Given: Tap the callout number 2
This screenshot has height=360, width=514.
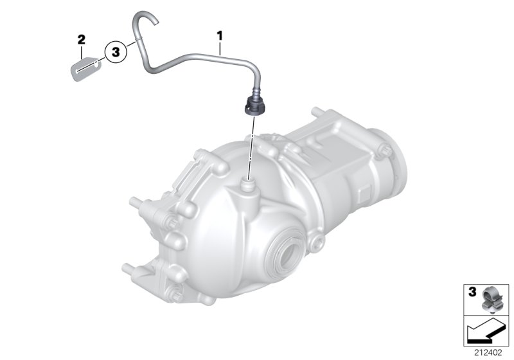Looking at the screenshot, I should coord(82,40).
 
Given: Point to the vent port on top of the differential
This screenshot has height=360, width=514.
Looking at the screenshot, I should coord(247,187).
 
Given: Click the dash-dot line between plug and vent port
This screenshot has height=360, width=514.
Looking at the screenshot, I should coord(249,148).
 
